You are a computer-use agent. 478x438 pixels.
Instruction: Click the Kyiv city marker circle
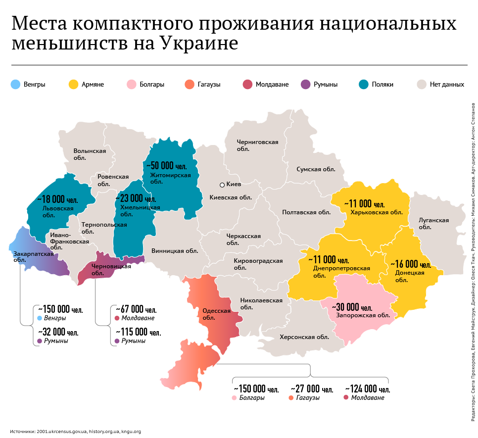(222, 185)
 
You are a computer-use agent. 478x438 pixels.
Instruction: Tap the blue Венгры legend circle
(15, 84)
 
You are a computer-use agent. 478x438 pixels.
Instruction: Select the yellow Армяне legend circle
(74, 84)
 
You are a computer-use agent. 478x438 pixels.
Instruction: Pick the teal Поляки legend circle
(364, 84)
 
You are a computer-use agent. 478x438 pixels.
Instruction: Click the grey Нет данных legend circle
(422, 84)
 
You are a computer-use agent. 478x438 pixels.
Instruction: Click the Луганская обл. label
(433, 224)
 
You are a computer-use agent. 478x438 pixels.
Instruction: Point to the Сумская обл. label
(316, 169)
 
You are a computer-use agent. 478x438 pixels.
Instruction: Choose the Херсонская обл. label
(304, 337)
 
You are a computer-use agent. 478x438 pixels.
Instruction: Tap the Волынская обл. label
(90, 154)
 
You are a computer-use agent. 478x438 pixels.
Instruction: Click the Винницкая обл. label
(175, 251)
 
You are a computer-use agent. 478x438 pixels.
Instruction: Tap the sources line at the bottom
(76, 432)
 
